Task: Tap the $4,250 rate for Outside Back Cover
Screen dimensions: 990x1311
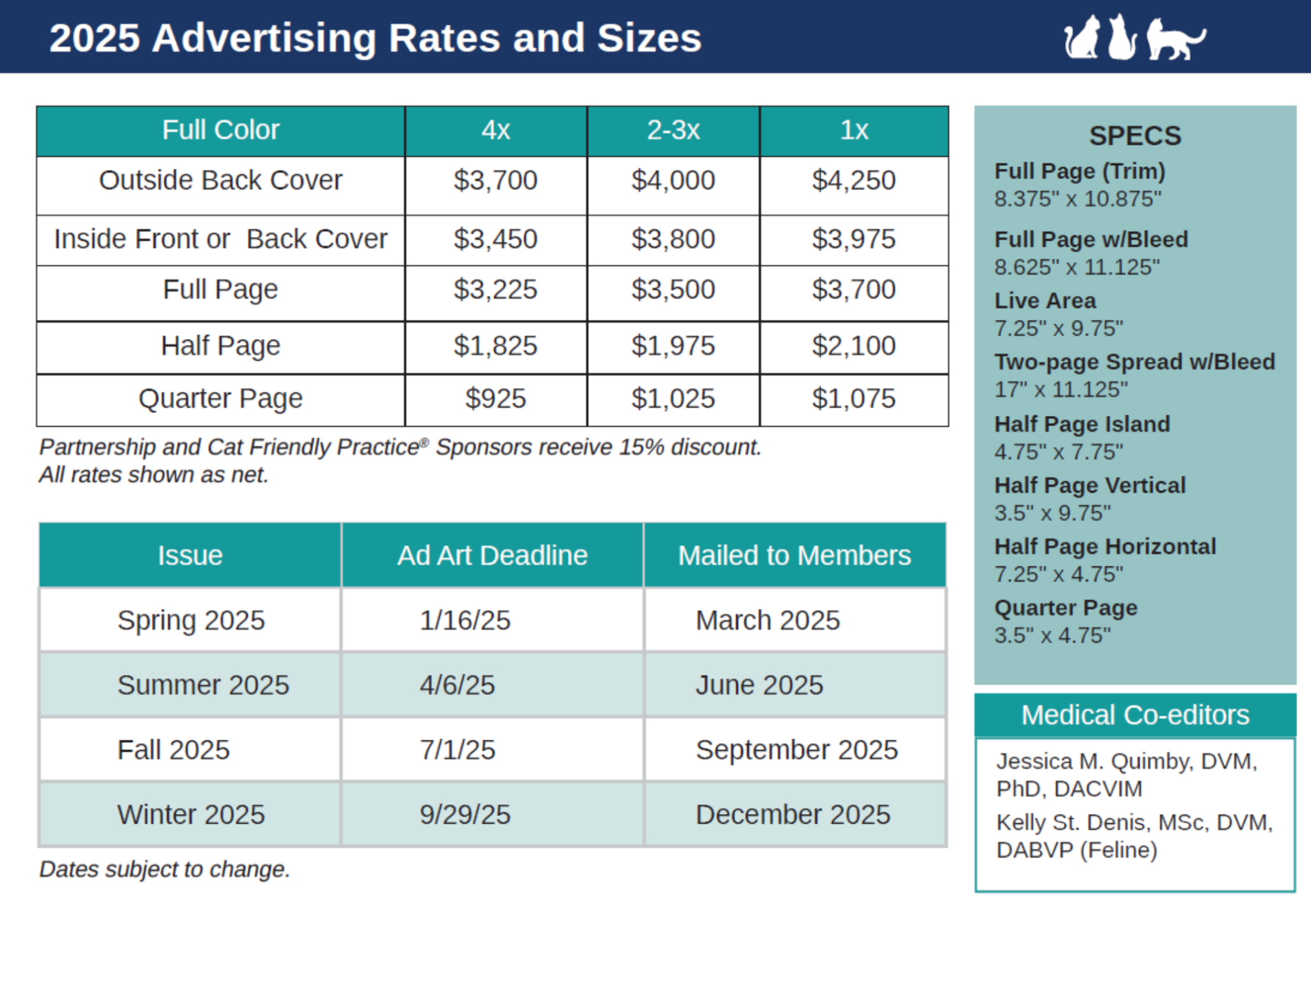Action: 853,180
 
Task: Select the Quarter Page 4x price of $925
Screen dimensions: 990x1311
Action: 495,399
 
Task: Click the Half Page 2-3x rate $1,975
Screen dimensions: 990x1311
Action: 673,346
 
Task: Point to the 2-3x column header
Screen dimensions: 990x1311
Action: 673,131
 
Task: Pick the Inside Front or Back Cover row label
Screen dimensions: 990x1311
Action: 220,239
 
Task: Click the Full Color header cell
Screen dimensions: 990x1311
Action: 220,131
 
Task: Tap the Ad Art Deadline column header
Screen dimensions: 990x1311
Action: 492,555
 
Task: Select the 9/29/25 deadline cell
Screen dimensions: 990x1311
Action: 465,815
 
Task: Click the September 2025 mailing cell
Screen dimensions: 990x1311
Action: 796,750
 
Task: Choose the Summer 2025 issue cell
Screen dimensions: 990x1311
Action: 203,685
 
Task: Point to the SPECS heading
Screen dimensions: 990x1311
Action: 1135,136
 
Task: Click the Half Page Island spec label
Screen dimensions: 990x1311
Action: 1082,424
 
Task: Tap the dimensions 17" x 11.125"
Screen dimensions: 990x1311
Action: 1061,389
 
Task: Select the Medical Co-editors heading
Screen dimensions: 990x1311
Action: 1135,715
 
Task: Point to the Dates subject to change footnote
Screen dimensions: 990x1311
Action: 165,869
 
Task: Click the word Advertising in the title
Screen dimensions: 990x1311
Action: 263,38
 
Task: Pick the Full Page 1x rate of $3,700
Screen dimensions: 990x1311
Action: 853,290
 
